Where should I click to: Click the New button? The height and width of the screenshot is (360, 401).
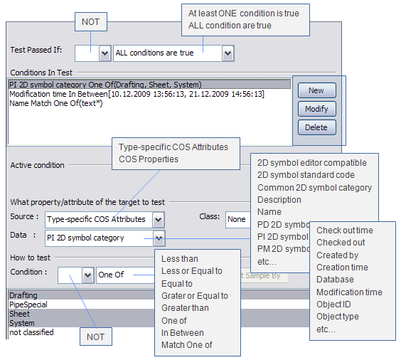point(316,90)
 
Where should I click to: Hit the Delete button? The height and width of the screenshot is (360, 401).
point(316,127)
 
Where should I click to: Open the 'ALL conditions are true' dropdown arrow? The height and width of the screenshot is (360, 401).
point(227,53)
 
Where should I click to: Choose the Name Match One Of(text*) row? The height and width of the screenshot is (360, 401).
point(56,103)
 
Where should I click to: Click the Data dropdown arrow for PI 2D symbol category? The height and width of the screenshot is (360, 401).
point(159,238)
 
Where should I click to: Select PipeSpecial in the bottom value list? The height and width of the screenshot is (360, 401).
point(28,305)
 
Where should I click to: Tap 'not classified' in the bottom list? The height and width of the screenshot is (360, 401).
point(33,332)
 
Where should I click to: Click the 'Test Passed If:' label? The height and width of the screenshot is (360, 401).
point(36,51)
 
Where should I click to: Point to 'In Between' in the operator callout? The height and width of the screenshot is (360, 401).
point(183,333)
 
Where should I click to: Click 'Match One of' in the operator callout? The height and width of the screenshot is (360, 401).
point(187,345)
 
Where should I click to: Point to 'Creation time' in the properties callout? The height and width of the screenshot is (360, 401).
point(342,268)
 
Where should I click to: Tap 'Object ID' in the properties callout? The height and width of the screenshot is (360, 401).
point(334,305)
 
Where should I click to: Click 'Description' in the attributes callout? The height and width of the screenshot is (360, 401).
point(279,200)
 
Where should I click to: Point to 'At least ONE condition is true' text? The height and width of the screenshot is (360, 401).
point(244,14)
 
